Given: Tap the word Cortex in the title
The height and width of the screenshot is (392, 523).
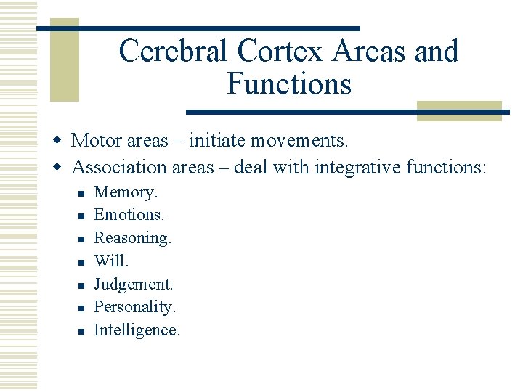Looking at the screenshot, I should click(x=274, y=52).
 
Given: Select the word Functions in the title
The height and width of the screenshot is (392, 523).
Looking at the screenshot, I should click(x=289, y=83).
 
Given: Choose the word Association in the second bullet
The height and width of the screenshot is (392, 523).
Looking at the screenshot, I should click(x=119, y=167).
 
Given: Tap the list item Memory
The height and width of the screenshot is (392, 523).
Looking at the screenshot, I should click(x=126, y=192).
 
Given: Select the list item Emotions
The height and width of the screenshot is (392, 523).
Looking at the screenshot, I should click(x=129, y=215).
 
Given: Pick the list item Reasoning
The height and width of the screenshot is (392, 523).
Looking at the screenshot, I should click(x=133, y=238).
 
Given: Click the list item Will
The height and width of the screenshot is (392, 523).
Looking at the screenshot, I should click(x=111, y=261).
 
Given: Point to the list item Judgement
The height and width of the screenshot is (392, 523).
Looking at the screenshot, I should click(x=134, y=284).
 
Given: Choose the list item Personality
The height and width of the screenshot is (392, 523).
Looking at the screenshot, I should click(x=135, y=307).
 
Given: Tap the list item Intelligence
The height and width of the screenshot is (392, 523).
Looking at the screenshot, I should click(x=137, y=330).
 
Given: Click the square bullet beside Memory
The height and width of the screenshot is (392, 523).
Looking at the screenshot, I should click(x=81, y=193).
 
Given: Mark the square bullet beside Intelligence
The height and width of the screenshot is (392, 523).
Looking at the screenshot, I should click(x=81, y=331).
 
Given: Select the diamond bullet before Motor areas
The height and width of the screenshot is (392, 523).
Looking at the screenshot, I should click(x=61, y=139).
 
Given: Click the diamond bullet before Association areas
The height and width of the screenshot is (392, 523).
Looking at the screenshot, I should click(x=61, y=168).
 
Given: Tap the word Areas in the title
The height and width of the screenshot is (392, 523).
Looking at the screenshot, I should click(x=370, y=52).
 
